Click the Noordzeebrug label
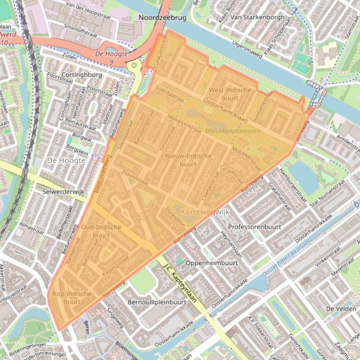[x=163, y=17]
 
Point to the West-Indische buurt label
[x=230, y=94]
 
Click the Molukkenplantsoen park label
[x=233, y=131]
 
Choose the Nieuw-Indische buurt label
[x=188, y=160]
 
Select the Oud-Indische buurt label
[x=101, y=231]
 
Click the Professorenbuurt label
[x=254, y=227]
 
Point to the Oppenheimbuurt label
[x=212, y=263]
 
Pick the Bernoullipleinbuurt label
[x=157, y=302]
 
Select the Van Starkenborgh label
[x=257, y=17]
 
